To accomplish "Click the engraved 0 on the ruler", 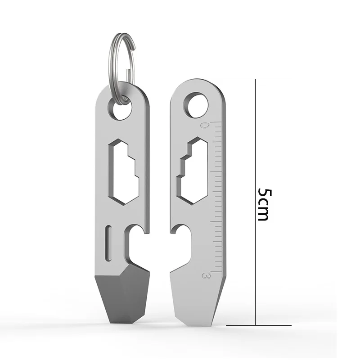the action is [x=205, y=126].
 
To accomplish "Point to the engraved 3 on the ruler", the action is [x=207, y=275].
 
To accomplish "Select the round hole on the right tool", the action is [x=198, y=106].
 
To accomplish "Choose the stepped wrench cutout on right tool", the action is [x=193, y=171].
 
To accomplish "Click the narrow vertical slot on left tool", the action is [x=108, y=243].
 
